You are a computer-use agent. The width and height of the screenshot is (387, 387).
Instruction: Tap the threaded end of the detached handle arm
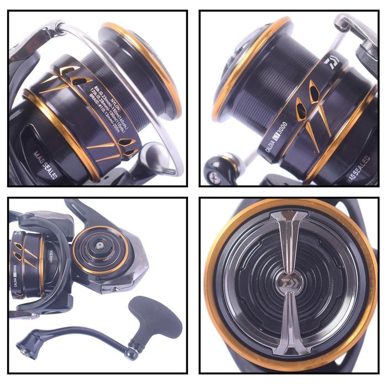(24, 346)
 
